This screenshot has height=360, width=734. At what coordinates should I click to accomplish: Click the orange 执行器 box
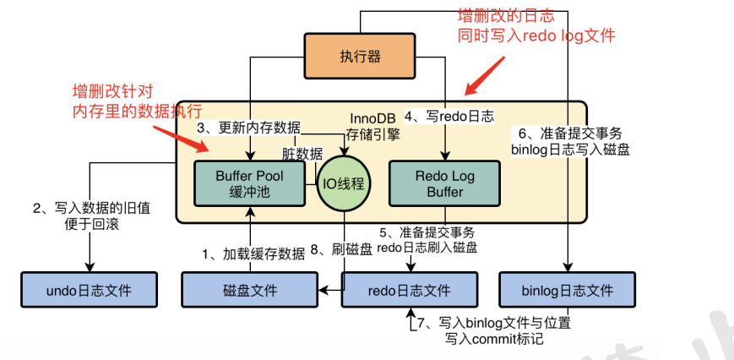[360, 57]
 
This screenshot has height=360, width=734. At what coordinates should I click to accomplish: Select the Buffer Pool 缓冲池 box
[249, 183]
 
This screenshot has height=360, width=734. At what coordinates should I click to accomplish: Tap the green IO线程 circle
[344, 183]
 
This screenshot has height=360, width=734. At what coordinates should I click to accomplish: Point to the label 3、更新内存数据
[248, 128]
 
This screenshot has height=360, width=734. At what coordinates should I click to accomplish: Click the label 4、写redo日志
[449, 115]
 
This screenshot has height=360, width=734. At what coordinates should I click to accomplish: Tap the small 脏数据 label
[302, 153]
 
